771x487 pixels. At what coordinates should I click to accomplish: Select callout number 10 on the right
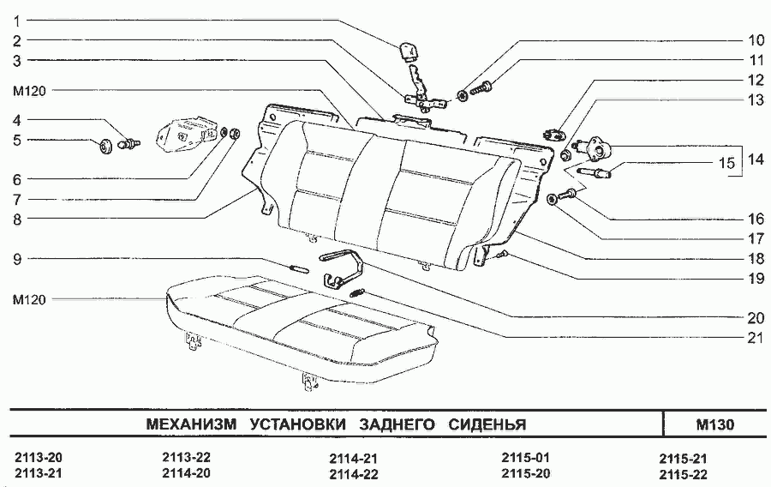point(755,39)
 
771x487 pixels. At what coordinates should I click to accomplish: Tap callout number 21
point(755,338)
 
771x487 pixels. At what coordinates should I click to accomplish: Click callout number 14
point(755,159)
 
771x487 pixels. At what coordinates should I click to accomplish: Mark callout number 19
point(755,278)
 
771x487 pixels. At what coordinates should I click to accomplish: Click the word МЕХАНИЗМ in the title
point(192,424)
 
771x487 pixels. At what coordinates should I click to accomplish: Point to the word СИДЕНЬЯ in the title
point(487,424)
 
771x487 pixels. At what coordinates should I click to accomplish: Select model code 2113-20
point(38,457)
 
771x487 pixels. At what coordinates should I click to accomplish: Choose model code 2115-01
point(524,457)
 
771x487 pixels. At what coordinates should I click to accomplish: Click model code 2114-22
point(354,473)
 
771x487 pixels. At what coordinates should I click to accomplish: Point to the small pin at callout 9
point(299,268)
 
